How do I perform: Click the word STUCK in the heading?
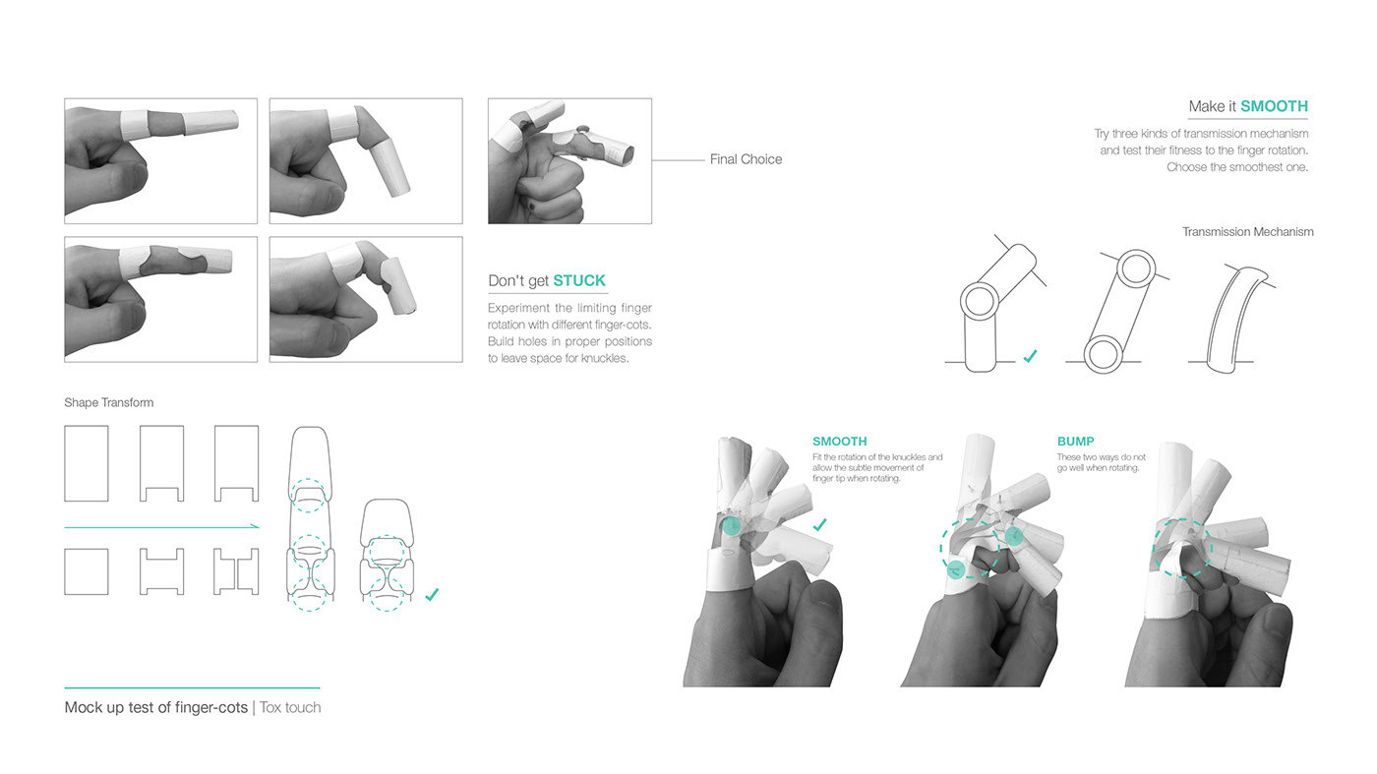pyautogui.click(x=579, y=281)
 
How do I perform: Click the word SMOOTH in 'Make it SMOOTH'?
pyautogui.click(x=1274, y=106)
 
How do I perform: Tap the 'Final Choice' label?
pyautogui.click(x=746, y=159)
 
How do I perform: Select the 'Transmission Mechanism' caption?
pyautogui.click(x=1247, y=232)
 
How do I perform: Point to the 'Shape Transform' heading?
pyautogui.click(x=108, y=402)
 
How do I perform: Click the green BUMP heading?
pyautogui.click(x=1075, y=442)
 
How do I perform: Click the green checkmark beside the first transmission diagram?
pyautogui.click(x=1029, y=357)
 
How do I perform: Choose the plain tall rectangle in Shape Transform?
pyautogui.click(x=86, y=463)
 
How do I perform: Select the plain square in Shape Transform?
pyautogui.click(x=86, y=571)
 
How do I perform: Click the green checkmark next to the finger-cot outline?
pyautogui.click(x=431, y=594)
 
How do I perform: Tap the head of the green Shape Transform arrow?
pyautogui.click(x=255, y=528)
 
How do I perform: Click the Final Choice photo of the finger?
pyautogui.click(x=569, y=160)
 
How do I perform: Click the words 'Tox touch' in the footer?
pyautogui.click(x=290, y=707)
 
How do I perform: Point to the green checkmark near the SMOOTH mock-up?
pyautogui.click(x=819, y=525)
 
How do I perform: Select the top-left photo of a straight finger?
pyautogui.click(x=160, y=160)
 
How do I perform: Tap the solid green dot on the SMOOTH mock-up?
pyautogui.click(x=731, y=527)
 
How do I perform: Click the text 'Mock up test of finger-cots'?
pyautogui.click(x=156, y=707)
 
